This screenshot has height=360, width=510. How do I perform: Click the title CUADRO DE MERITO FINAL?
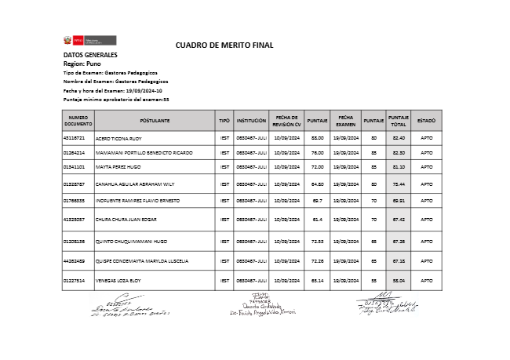(x=224, y=45)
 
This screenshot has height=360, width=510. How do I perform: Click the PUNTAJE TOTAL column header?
(x=399, y=121)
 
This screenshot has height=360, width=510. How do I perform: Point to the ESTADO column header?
(x=426, y=121)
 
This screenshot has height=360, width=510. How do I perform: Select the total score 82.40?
(x=399, y=138)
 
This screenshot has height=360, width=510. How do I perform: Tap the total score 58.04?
(x=399, y=279)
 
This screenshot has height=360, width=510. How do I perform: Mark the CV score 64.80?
(x=318, y=184)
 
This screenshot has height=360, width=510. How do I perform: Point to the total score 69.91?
(x=399, y=201)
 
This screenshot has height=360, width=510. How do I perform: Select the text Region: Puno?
(x=82, y=64)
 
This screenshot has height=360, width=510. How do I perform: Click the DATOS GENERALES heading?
(x=90, y=55)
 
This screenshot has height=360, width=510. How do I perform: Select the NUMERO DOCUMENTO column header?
(x=78, y=121)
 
